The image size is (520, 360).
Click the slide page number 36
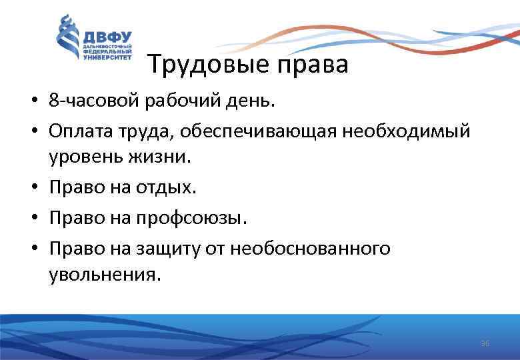point(485,343)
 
